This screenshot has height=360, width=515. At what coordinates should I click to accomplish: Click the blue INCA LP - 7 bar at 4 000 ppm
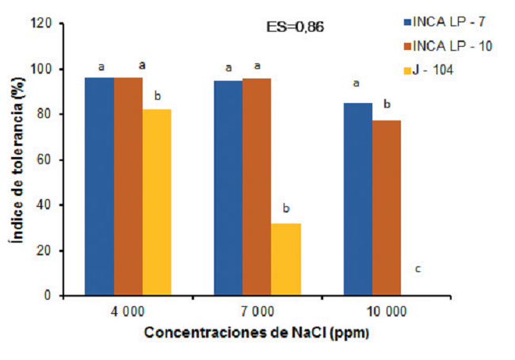[x=100, y=186]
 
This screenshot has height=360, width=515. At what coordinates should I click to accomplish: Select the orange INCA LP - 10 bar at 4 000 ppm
[x=128, y=186]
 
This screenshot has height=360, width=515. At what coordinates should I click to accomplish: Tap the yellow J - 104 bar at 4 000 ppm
[x=157, y=202]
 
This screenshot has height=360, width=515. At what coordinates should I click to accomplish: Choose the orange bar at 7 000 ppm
[x=257, y=187]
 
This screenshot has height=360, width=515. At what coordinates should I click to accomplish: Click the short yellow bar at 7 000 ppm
[x=286, y=259]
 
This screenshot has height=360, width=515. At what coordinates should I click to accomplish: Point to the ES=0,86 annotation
[x=295, y=26]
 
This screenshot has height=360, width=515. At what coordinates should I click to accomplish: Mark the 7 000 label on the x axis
[x=257, y=311]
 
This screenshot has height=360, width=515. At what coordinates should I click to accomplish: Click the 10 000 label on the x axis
[x=387, y=311]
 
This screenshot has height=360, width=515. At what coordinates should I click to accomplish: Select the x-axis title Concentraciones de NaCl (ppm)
[x=257, y=333]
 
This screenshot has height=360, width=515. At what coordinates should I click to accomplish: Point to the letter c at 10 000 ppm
[x=418, y=270]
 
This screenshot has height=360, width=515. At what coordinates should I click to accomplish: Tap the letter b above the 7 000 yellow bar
[x=286, y=209]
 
